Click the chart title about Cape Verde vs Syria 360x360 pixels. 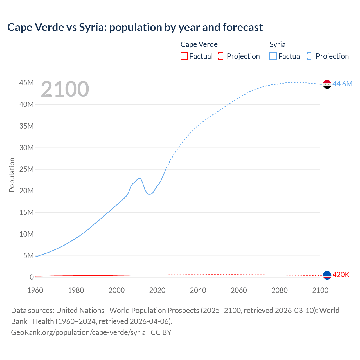tap(135, 27)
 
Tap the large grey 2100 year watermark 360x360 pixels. tap(65, 89)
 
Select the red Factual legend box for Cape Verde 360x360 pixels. tap(184, 56)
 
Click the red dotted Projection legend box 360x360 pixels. tap(222, 56)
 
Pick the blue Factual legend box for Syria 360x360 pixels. tap(273, 56)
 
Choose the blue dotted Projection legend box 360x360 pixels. tap(310, 56)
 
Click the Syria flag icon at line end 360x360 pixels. tap(327, 84)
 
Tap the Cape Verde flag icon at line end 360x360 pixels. tap(327, 275)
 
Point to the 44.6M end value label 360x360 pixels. tap(342, 84)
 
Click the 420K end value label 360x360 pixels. tap(341, 275)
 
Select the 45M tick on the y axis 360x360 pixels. tap(26, 83)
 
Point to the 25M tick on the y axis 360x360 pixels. tap(26, 169)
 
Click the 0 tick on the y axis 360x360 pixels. tap(31, 277)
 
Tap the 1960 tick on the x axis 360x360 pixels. tap(35, 290)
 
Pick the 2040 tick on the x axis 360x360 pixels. tap(198, 290)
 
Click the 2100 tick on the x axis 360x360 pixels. tap(320, 290)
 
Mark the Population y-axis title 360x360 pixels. tap(12, 175)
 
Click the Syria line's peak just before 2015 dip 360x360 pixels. tap(139, 178)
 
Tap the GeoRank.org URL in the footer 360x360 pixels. tap(78, 332)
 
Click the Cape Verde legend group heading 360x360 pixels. tap(199, 44)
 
